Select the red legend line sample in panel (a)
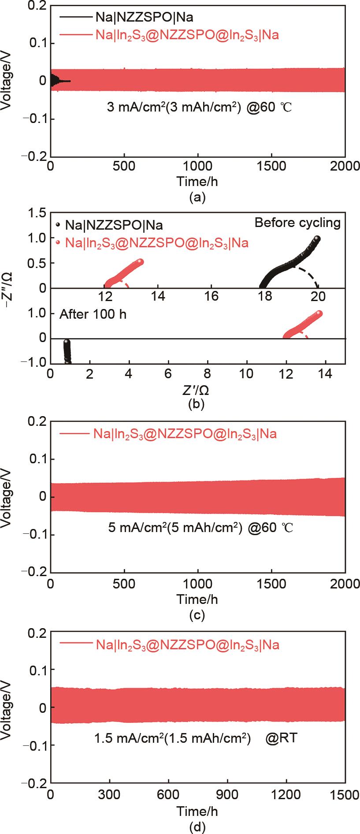coord(74,35)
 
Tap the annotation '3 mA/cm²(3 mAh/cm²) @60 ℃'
coord(199,107)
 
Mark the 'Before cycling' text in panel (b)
coord(297,223)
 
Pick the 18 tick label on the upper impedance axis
coord(265,296)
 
